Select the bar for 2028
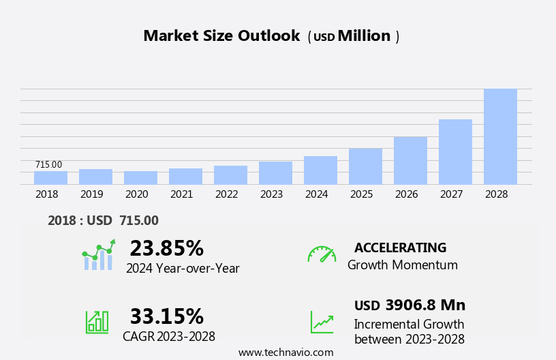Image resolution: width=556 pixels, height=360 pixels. tap(500, 136)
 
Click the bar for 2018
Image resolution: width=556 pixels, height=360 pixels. tap(50, 178)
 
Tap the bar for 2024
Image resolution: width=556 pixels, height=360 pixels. tap(320, 170)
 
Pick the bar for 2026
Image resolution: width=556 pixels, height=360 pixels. tap(410, 161)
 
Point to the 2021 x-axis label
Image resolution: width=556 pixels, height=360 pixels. tap(181, 194)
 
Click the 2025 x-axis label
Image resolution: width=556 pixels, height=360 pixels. tap(361, 194)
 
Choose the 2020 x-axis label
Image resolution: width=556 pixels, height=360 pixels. tap(136, 194)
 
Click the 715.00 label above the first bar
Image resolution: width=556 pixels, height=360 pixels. tap(48, 165)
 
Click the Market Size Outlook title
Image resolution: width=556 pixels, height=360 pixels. tap(221, 36)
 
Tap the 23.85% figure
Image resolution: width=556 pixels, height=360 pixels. tap(166, 248)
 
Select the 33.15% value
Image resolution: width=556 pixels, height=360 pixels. tap(166, 316)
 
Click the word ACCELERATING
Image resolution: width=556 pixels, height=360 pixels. tap(400, 247)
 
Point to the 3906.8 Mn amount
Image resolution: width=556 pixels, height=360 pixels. tap(425, 305)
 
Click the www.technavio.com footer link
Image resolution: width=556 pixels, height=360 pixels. tap(285, 352)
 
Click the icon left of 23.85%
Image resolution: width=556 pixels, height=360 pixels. tap(98, 255)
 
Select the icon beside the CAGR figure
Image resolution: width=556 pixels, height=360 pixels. tap(97, 321)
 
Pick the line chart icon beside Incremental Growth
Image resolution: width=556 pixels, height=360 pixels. tap(322, 321)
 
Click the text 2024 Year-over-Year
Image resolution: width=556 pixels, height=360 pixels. tap(183, 269)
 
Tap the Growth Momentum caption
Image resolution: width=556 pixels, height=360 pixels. tap(402, 265)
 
